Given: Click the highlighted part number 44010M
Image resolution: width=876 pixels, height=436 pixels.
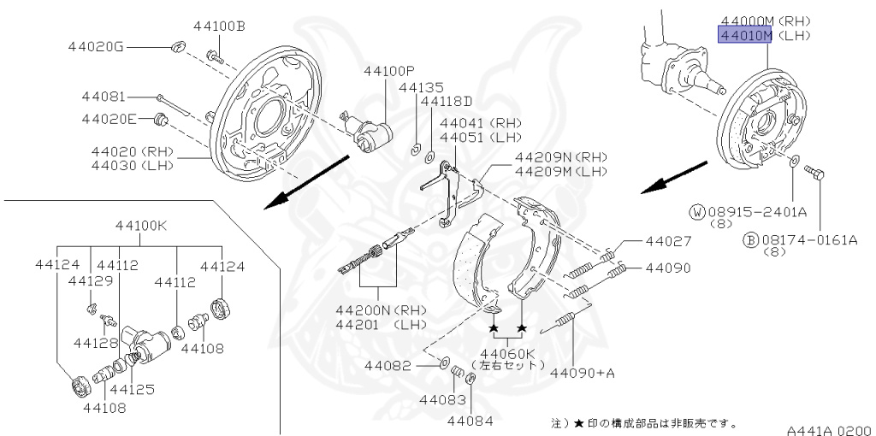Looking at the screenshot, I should [x=744, y=35].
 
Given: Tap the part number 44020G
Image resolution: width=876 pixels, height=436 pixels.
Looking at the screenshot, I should [x=97, y=46].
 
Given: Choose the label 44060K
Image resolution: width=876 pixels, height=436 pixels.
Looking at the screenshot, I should [x=507, y=353].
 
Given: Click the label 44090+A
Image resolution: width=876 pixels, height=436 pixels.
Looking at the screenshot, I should [x=583, y=372].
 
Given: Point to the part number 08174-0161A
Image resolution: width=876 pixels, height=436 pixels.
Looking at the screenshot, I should [x=808, y=240].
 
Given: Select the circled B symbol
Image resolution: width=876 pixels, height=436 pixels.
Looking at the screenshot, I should [x=750, y=240].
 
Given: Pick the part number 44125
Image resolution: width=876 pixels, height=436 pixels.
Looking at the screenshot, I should [x=132, y=389].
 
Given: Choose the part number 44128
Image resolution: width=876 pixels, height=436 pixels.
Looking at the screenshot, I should [x=95, y=343].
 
